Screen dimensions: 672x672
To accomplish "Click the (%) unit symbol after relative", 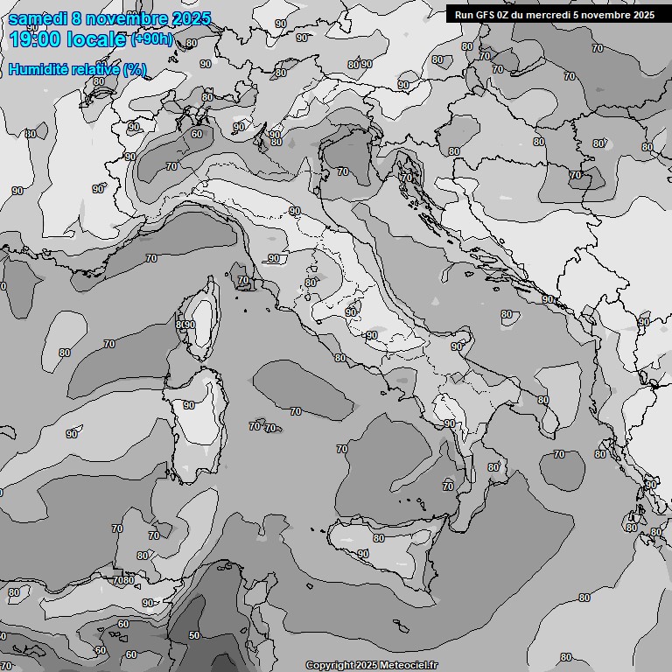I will click(x=134, y=69).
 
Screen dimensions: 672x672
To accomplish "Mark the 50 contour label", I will click(x=193, y=635).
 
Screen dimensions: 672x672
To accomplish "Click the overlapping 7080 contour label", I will click(x=123, y=580).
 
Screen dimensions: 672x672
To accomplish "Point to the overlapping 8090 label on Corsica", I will click(x=185, y=325).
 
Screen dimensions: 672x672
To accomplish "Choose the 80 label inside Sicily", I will click(x=379, y=538).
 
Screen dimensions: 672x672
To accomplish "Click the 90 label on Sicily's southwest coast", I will click(x=363, y=554).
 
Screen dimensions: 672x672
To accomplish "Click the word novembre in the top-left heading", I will click(x=121, y=17).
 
